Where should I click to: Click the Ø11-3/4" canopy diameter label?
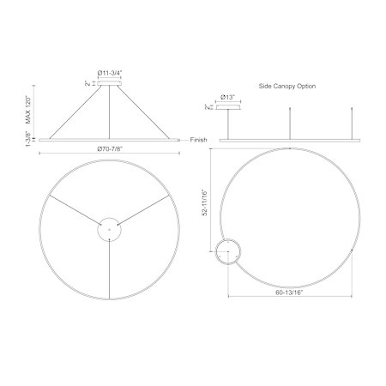tap(110, 73)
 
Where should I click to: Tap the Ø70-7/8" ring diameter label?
tap(110, 149)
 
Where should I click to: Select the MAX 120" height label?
tap(28, 110)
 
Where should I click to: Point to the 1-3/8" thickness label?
tap(28, 139)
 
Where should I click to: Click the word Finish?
tap(198, 140)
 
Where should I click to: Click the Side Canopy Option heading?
tap(287, 86)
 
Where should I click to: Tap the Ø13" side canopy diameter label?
tap(227, 97)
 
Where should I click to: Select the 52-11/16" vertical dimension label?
tap(205, 202)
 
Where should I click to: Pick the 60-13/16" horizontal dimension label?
tap(289, 293)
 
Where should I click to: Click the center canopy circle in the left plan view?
tap(109, 218)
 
